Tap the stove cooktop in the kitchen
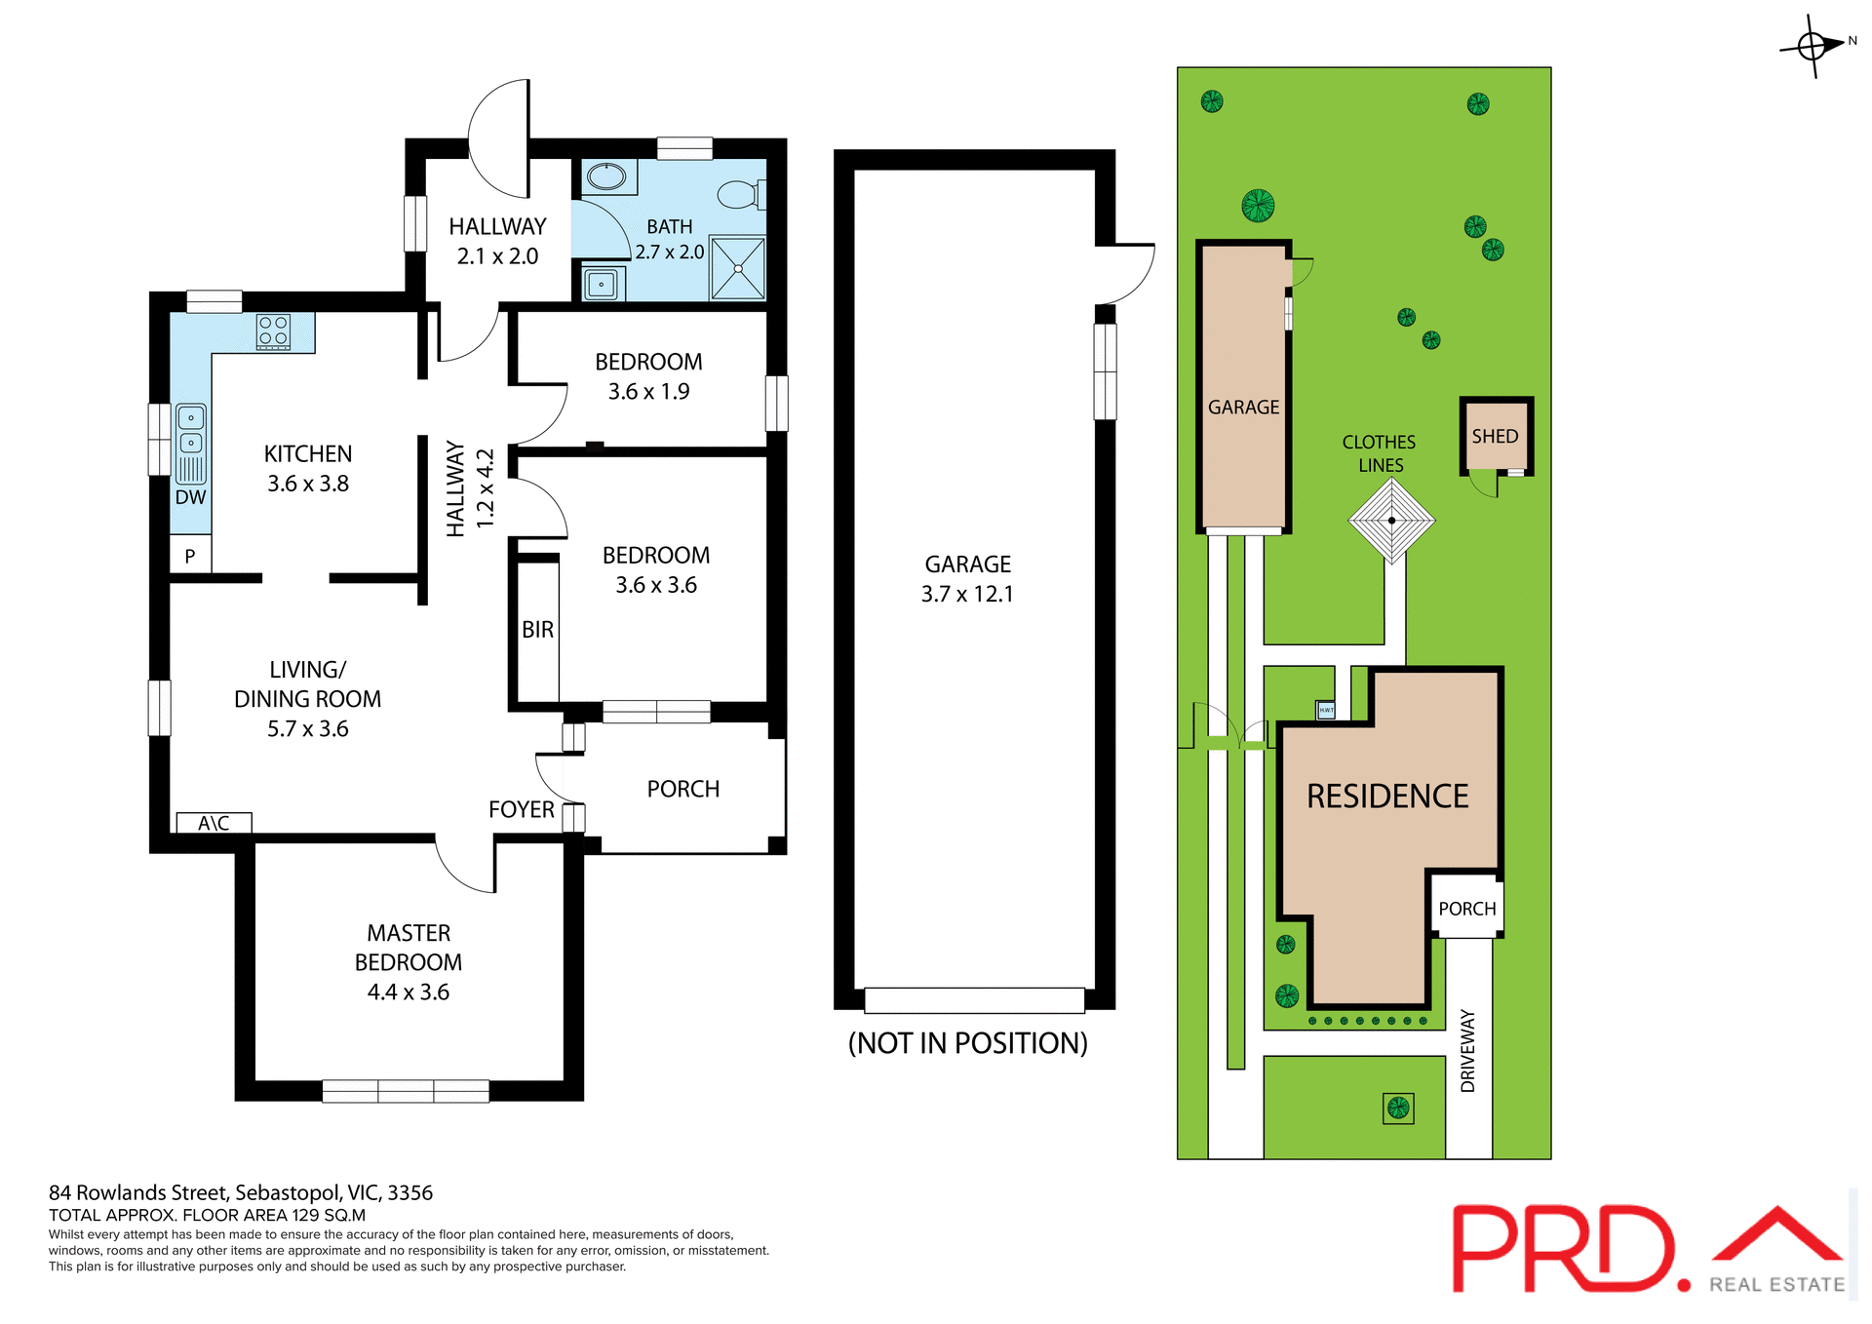[x=273, y=331]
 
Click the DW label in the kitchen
[x=190, y=497]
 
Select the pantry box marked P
[x=190, y=556]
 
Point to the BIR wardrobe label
[x=537, y=630]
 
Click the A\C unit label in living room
[x=214, y=824]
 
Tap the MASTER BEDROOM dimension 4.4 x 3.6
[x=408, y=993]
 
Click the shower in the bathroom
[x=738, y=268]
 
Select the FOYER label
[x=521, y=810]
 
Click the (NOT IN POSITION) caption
[x=967, y=1043]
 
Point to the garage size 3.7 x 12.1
[x=967, y=594]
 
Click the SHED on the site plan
[x=1495, y=436]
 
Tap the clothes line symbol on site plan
[x=1391, y=521]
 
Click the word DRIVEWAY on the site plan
[x=1467, y=1051]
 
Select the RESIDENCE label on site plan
[x=1386, y=797]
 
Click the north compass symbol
[x=1813, y=45]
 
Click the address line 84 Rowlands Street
[x=241, y=1192]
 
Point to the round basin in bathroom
[x=606, y=177]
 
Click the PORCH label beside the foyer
[x=682, y=789]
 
